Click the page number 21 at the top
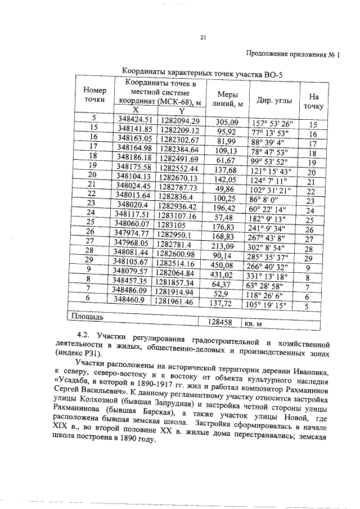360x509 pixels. (203, 38)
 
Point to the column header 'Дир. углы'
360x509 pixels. (274, 100)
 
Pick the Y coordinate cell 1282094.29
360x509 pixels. (179, 120)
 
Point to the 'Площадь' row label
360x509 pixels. (86, 317)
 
